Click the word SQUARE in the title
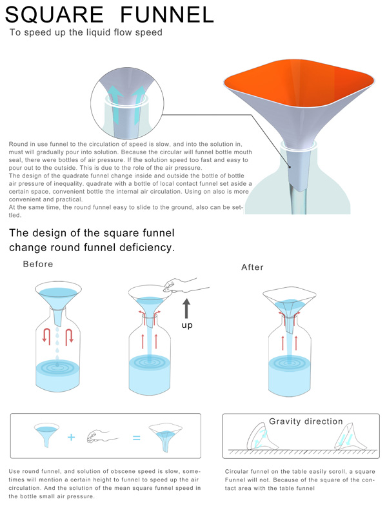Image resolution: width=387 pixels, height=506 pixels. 54,14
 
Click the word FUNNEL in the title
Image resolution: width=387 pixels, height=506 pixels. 167,14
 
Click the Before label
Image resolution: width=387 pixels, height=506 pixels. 38,264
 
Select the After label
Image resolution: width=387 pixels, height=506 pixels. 253,267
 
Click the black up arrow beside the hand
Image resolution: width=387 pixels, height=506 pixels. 186,309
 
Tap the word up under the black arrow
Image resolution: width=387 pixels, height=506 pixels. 187,325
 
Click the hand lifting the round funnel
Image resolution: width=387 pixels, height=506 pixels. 186,285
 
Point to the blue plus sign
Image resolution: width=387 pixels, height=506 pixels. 71,438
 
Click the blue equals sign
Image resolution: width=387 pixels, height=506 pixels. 137,438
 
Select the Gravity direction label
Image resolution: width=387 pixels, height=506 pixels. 306,421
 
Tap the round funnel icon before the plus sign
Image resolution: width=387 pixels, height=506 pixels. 46,434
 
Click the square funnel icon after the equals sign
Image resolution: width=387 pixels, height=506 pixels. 166,436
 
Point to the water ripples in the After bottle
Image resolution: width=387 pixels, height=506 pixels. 289,363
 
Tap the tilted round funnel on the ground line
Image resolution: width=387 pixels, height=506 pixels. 261,436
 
